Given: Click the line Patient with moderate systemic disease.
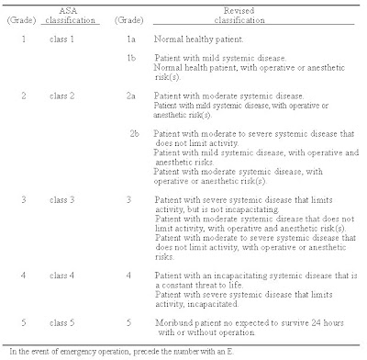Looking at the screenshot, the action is [215, 120].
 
